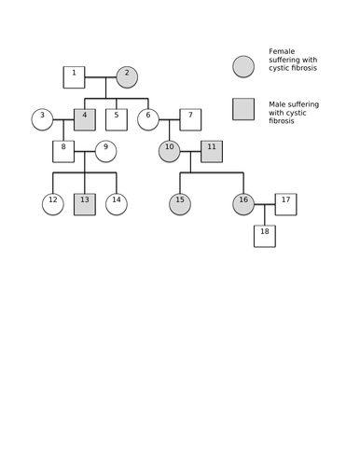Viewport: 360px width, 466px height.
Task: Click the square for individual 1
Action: [x=74, y=77]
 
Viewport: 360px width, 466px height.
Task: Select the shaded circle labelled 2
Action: [x=127, y=77]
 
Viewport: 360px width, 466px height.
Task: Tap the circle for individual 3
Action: [x=42, y=119]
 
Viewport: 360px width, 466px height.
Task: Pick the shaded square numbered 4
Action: [x=85, y=119]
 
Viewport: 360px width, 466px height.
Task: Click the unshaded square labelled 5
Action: [x=117, y=119]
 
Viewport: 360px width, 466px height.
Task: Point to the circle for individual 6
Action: [x=148, y=119]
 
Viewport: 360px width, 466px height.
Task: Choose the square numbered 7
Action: [x=190, y=119]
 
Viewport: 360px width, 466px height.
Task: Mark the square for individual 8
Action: [x=63, y=151]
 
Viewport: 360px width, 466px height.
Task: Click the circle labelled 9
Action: [x=106, y=151]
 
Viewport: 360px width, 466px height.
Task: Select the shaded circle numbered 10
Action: [x=170, y=151]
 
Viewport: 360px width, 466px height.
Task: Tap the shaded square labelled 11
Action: [x=212, y=151]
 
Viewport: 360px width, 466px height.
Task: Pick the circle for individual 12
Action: [x=53, y=204]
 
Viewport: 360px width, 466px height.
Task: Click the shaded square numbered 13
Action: [x=85, y=204]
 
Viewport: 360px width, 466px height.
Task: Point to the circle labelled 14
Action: [x=117, y=204]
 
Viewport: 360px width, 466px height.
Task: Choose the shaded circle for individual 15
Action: [x=180, y=204]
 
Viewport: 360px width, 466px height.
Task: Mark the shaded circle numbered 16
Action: [x=243, y=204]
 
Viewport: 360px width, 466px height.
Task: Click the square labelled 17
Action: [x=285, y=204]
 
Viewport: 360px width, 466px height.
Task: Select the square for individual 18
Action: [x=265, y=236]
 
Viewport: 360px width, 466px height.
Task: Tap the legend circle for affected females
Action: [x=243, y=66]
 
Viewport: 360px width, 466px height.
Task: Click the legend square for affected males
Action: [x=243, y=109]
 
